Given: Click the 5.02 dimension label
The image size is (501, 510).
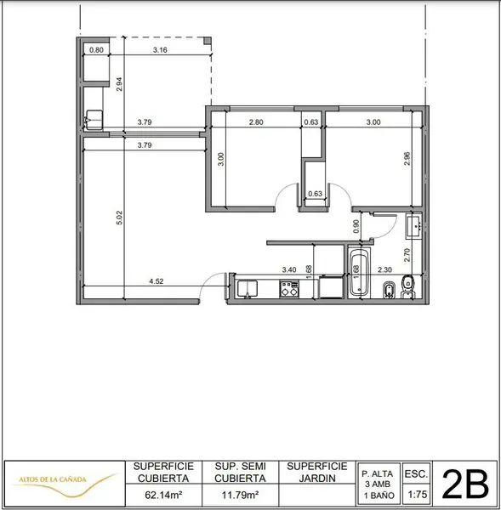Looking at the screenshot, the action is (119, 218).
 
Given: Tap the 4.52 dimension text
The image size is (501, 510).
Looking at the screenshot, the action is (157, 281).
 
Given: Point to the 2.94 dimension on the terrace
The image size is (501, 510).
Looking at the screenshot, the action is (119, 84).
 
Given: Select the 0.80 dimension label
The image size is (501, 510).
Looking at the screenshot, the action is (96, 50).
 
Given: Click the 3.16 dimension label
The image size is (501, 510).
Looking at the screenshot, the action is (160, 50).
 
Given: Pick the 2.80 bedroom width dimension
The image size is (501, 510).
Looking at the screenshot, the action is (256, 122).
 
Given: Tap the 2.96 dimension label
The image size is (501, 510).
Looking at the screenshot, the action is (407, 159).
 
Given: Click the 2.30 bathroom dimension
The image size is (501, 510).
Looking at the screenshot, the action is (384, 269).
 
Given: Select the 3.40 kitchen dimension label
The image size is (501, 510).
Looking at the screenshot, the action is (289, 269).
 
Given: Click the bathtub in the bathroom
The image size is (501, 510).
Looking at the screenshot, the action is (359, 273).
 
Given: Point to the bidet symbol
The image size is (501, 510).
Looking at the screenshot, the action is (389, 290).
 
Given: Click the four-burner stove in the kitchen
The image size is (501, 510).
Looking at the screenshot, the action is (289, 289).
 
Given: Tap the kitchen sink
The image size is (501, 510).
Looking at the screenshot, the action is (248, 289).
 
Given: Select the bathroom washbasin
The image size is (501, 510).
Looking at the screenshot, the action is (414, 225).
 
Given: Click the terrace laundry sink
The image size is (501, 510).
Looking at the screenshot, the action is (94, 120).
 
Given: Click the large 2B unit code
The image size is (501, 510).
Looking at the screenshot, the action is (465, 484).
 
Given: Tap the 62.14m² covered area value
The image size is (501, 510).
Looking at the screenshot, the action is (163, 496).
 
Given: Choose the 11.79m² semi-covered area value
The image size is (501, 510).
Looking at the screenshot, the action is (240, 496).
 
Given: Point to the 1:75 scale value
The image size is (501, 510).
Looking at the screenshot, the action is (418, 495).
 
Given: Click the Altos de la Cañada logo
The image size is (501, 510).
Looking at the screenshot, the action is (65, 484).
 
